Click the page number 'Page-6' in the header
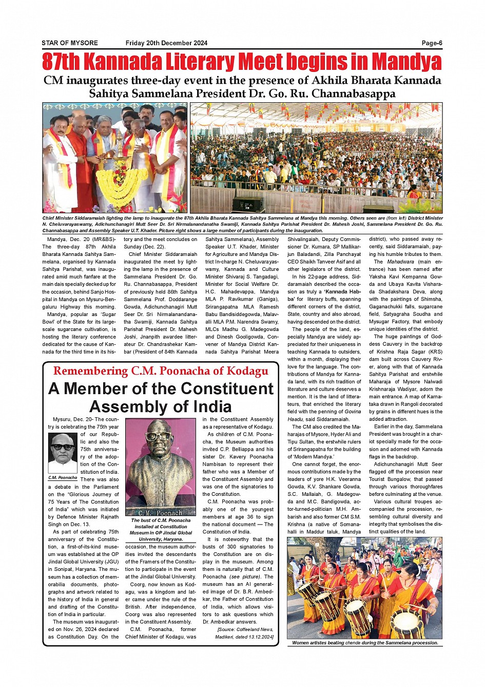tap(432, 43)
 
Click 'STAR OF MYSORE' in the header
tap(70, 43)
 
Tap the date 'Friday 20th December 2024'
tap(166, 43)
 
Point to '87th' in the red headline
tap(61, 62)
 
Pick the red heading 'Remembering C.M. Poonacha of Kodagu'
tap(161, 371)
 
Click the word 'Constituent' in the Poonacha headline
tap(224, 389)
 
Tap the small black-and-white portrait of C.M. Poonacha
tap(63, 453)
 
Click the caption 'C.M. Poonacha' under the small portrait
tap(63, 478)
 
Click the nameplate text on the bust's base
tap(160, 512)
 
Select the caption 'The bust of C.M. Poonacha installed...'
tap(160, 529)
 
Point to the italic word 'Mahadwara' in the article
tap(400, 262)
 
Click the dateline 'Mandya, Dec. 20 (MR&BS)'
tap(81, 239)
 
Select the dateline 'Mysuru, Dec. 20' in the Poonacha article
tap(72, 419)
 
